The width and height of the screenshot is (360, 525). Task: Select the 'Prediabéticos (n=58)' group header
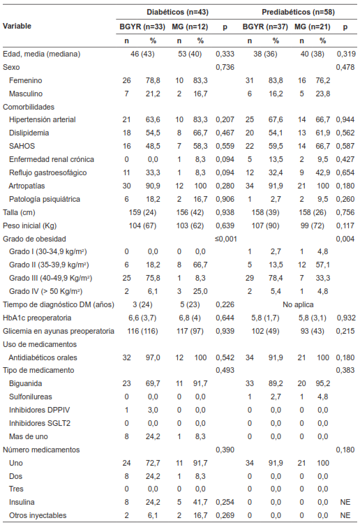(x=297, y=13)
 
